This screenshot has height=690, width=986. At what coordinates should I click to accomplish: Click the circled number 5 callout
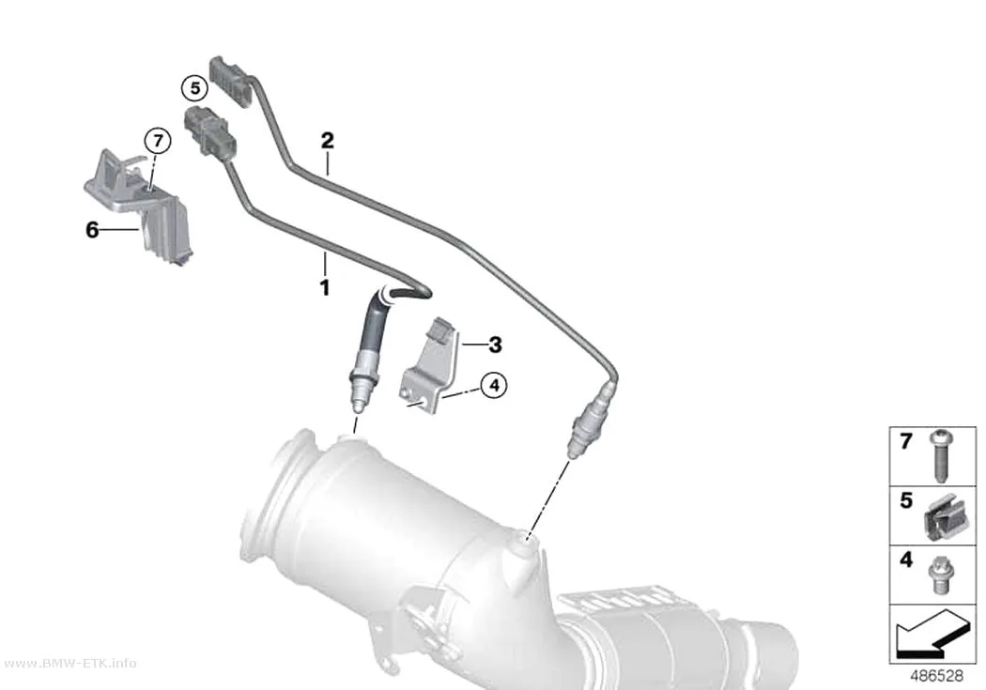click(x=195, y=88)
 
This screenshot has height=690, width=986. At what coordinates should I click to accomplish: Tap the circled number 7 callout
click(x=158, y=141)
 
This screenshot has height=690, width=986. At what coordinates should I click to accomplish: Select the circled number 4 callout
click(x=494, y=385)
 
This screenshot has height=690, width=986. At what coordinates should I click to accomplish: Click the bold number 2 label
click(x=327, y=140)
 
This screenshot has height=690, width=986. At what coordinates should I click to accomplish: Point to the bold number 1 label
click(x=325, y=288)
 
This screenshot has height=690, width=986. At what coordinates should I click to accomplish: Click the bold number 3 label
click(x=496, y=345)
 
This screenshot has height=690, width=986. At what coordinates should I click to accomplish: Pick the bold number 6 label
click(x=92, y=231)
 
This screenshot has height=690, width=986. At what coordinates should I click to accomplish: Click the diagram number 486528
click(x=936, y=676)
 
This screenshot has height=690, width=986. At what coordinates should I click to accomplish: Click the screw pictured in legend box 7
click(x=941, y=456)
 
